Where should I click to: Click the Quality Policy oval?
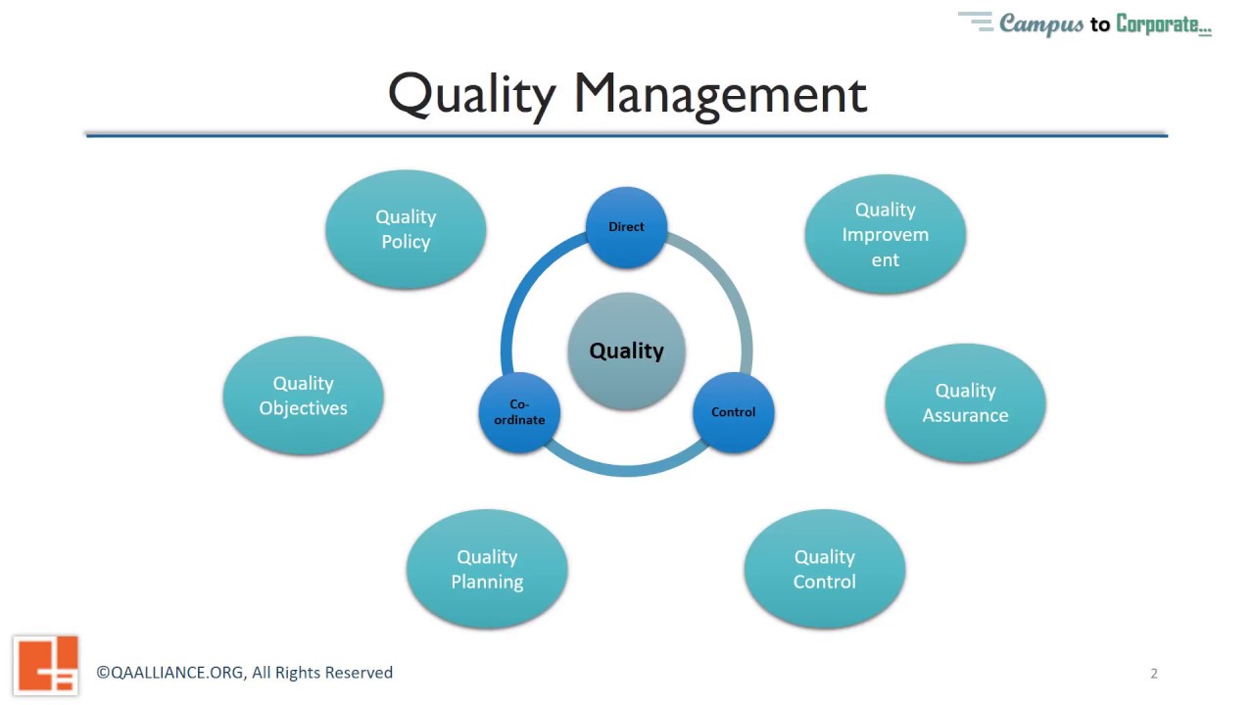406,229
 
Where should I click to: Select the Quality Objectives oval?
303,396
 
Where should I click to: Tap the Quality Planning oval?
487,569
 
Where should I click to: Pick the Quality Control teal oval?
824,569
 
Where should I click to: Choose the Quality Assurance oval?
965,402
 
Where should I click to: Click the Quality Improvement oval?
885,234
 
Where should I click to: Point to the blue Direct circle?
626,227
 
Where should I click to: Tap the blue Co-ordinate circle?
519,412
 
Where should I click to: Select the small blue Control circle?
733,412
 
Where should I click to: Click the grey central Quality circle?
626,351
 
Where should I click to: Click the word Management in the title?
720,95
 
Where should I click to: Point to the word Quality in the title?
471,95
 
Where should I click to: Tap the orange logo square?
46,665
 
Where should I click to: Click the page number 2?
1154,673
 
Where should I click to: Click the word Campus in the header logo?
1041,24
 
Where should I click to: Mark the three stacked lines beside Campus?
976,22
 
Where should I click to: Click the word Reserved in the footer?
359,673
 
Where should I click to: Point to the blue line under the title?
627,134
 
